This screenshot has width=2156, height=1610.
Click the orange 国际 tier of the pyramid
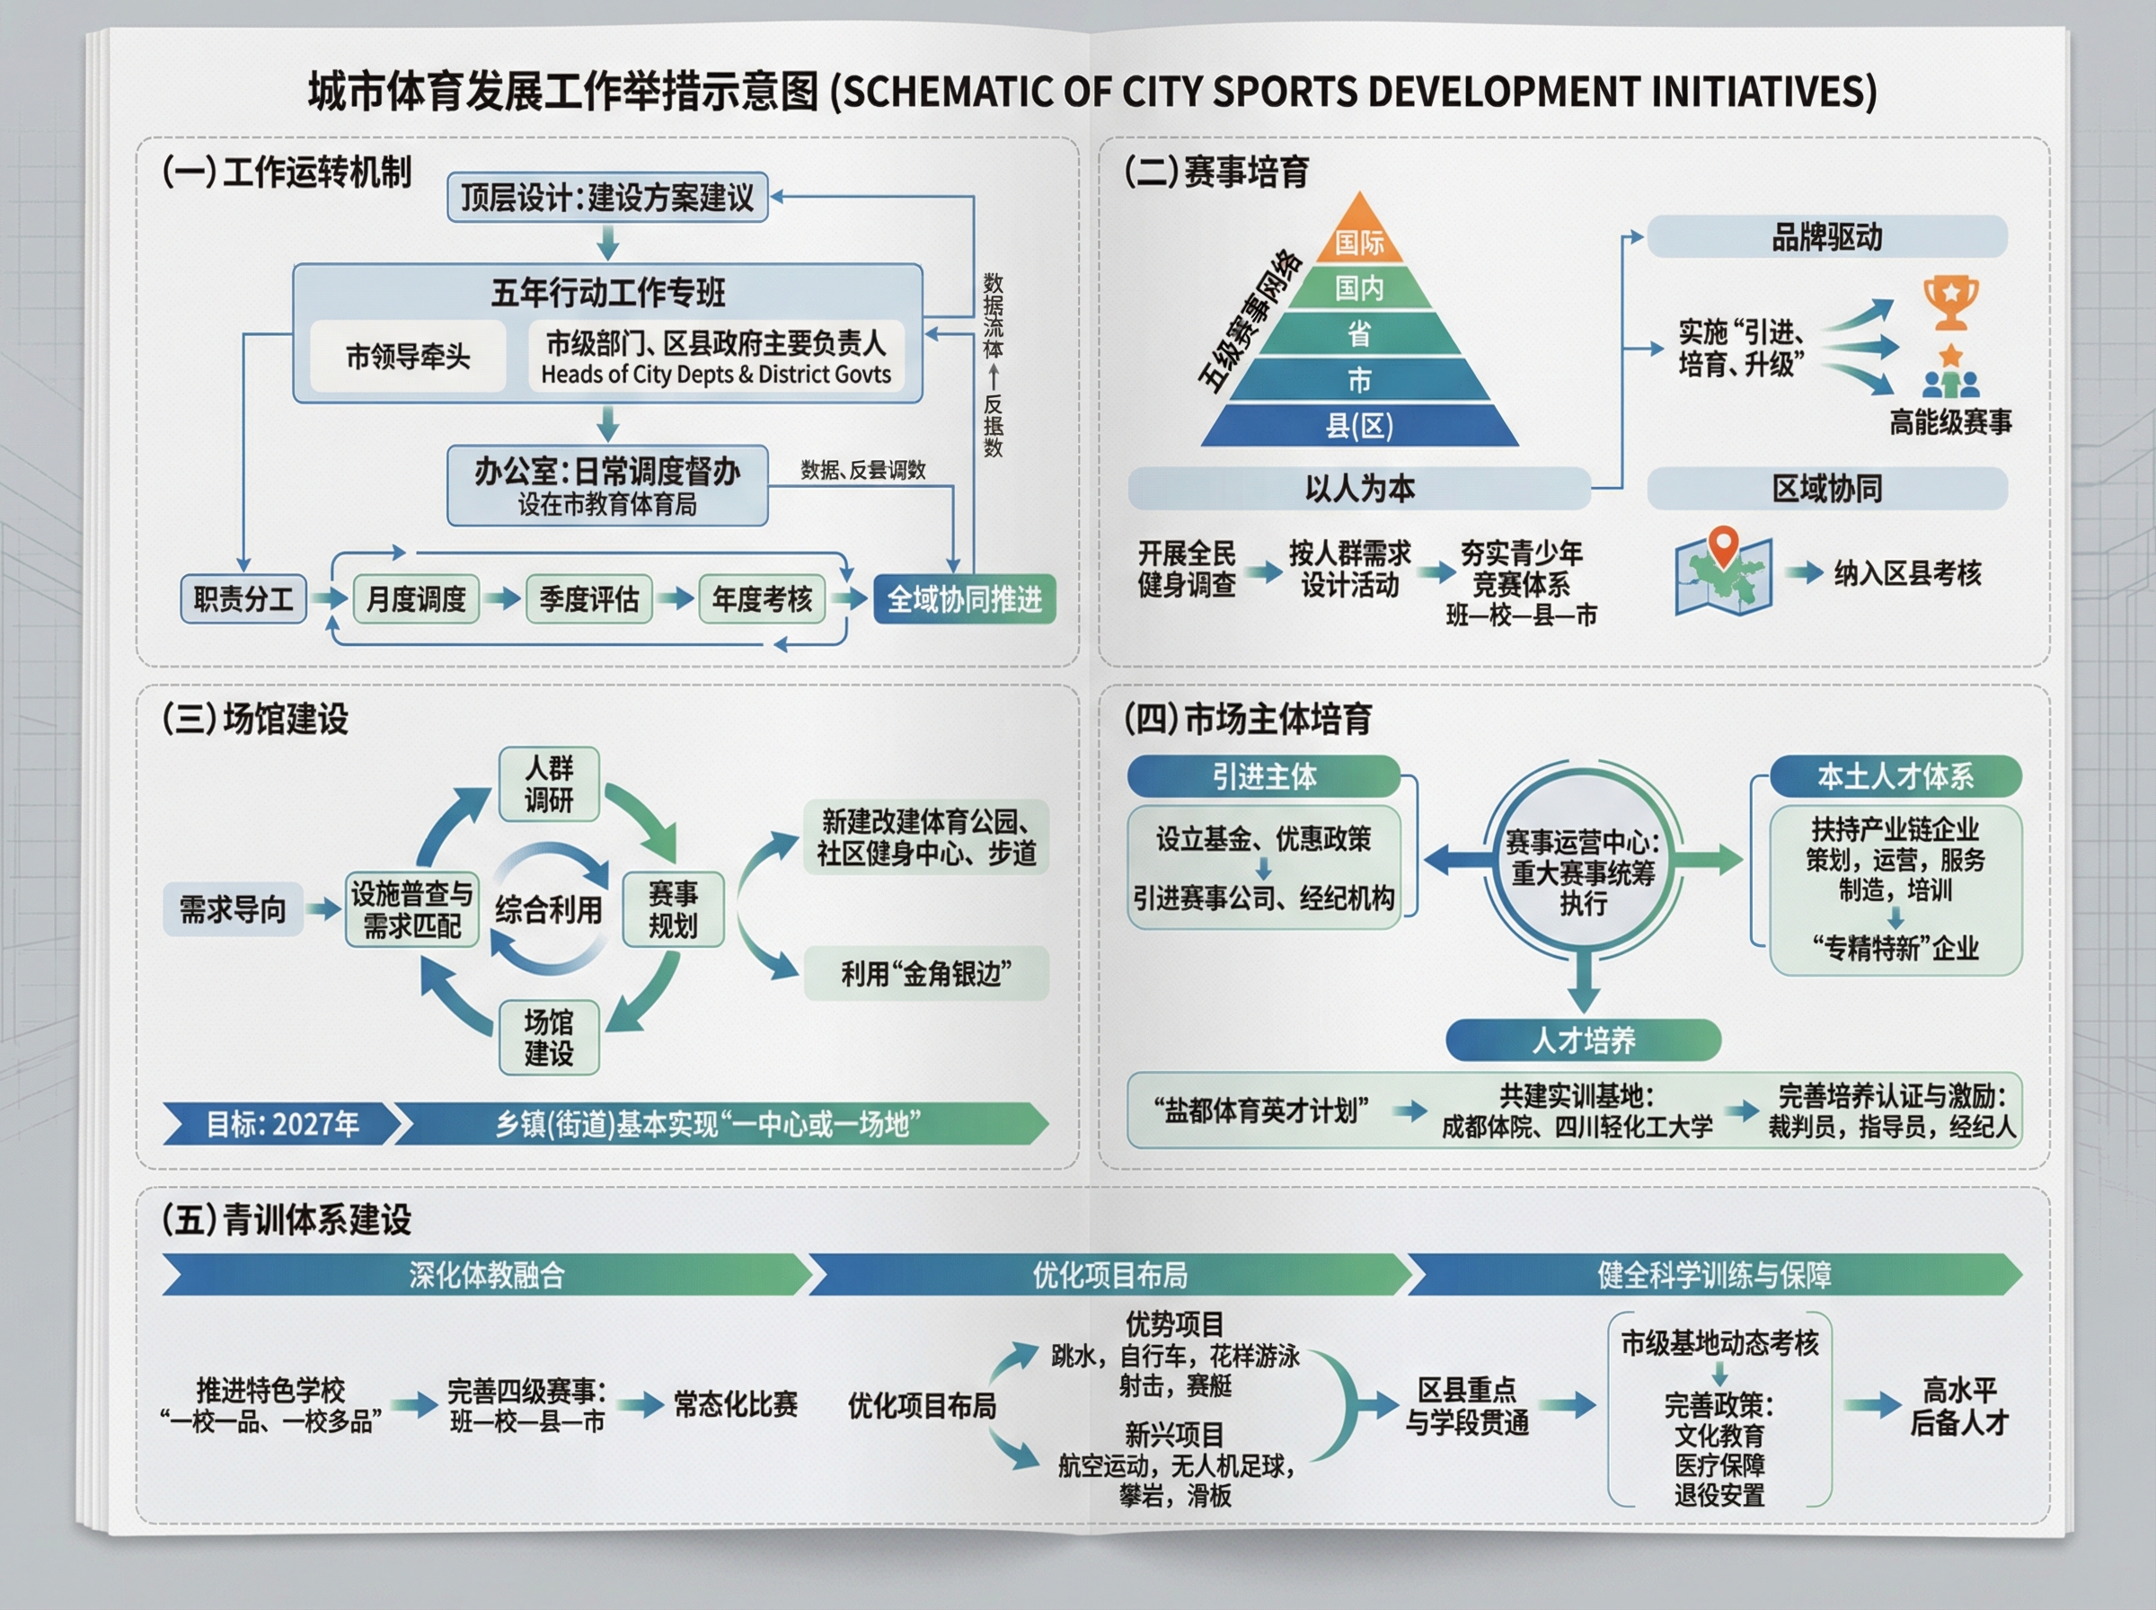(x=1359, y=241)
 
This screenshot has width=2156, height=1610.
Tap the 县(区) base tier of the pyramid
(x=1359, y=426)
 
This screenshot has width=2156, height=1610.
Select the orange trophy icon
(x=1949, y=302)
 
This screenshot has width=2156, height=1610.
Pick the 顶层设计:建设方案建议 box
(x=607, y=198)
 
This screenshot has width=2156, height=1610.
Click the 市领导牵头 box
(x=408, y=357)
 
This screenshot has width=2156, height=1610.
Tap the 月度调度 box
(x=416, y=598)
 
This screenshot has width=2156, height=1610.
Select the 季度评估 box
(x=588, y=598)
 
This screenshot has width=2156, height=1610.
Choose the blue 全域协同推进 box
(x=964, y=598)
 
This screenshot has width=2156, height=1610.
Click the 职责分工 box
(x=243, y=598)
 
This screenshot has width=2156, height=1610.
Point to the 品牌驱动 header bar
(x=1826, y=237)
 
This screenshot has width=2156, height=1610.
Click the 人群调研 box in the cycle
(x=549, y=784)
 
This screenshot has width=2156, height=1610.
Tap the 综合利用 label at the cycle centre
(x=549, y=909)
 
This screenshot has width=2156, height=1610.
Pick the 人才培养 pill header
(x=1583, y=1039)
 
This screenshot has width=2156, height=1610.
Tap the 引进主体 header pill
(x=1264, y=777)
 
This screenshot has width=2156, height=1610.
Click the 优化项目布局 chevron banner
(x=1109, y=1275)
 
